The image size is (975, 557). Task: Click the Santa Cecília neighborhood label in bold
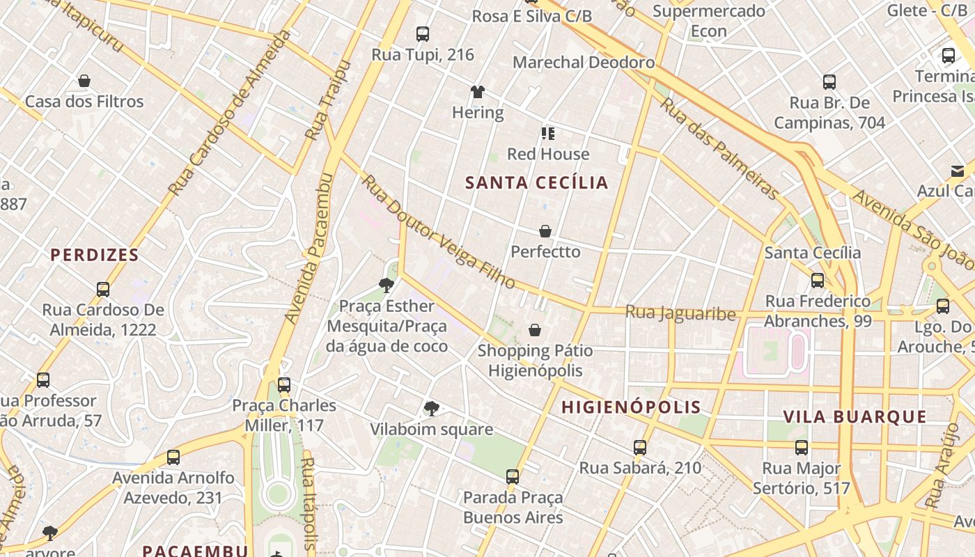coord(537,183)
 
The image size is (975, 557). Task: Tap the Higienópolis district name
coord(631,407)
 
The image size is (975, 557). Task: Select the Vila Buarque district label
coord(855,417)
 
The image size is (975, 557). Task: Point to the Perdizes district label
coord(95,255)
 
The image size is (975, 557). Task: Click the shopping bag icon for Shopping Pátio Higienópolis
coord(535,330)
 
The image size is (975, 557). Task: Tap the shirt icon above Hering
coord(477,92)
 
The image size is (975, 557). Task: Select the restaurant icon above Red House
coord(548,133)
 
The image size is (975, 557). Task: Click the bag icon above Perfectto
coord(545,231)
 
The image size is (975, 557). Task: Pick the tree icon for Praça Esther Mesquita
coord(386,285)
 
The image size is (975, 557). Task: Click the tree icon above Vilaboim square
coord(431,408)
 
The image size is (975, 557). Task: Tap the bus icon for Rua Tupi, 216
coord(422,33)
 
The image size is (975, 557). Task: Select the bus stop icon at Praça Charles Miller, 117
coord(283,384)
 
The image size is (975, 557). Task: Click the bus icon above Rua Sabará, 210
coord(640,448)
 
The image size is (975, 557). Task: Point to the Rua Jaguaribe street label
coord(680,313)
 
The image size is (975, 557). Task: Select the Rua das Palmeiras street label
coord(718,148)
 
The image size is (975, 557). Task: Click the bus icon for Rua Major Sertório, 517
coord(802,448)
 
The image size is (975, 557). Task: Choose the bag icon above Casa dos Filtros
coord(84,81)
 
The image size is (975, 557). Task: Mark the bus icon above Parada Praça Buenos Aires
coord(513,477)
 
